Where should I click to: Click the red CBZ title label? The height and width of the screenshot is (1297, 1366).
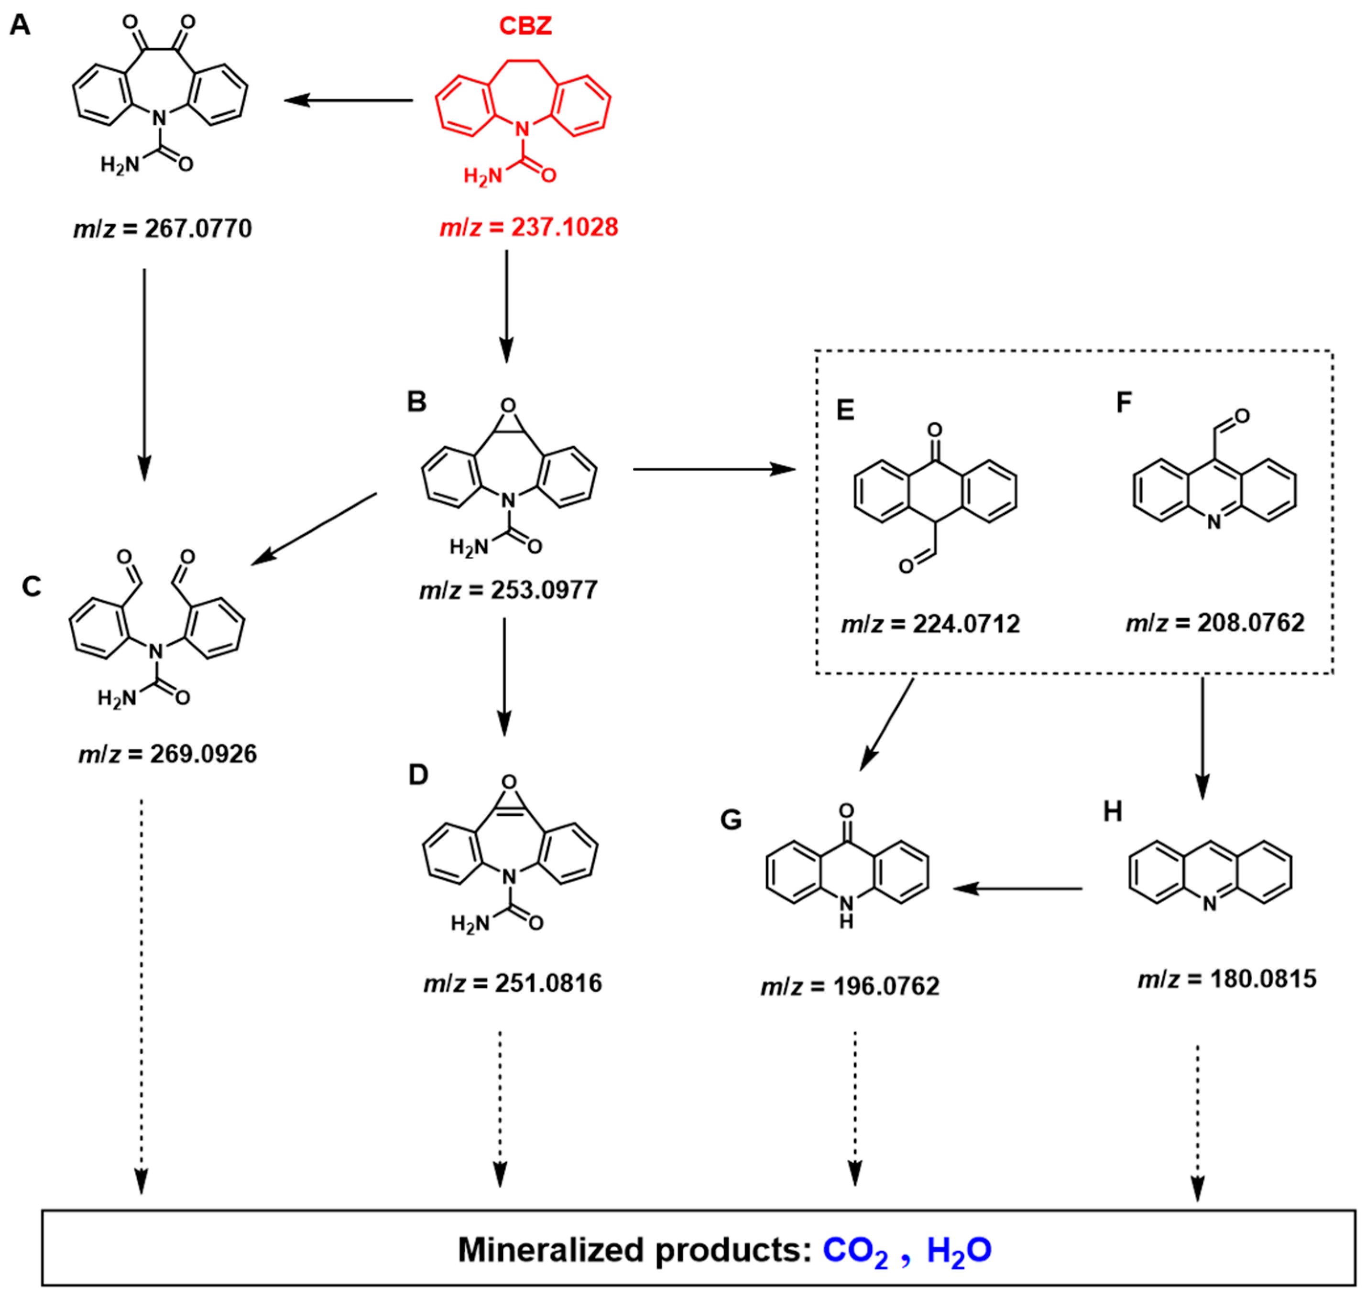pos(525,26)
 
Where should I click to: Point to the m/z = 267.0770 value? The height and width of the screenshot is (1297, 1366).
pos(163,228)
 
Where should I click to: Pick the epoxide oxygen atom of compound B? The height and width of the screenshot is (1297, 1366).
pos(508,406)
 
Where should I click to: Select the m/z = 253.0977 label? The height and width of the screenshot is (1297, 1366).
pos(508,590)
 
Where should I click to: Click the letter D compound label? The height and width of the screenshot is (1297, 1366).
pos(418,775)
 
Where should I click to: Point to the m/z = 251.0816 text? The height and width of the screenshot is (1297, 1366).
pos(513,983)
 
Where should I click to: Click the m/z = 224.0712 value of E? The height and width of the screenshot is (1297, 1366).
pos(930,624)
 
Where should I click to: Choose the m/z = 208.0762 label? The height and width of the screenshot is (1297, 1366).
pos(1215,623)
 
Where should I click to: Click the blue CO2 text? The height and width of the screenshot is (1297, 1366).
pos(855,1251)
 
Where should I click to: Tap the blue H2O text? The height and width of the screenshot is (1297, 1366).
pos(959,1251)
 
